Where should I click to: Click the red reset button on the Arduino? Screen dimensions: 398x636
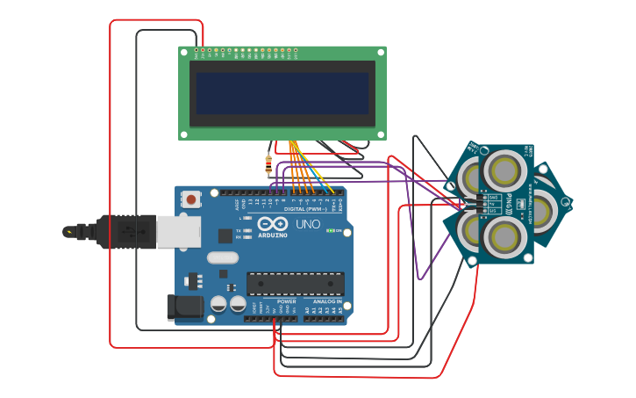(191, 200)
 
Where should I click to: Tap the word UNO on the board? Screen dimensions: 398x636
(308, 224)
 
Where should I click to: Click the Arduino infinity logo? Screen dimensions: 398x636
(273, 225)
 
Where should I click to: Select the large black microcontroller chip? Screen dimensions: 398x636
(295, 284)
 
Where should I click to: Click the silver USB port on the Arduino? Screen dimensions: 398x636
(178, 232)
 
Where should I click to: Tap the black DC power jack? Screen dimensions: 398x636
(183, 307)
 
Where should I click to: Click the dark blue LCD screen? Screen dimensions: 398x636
(282, 93)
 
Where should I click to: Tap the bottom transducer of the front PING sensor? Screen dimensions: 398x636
(505, 236)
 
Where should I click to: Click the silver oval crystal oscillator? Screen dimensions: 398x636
(223, 258)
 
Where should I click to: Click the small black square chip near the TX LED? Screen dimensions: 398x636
(225, 235)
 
